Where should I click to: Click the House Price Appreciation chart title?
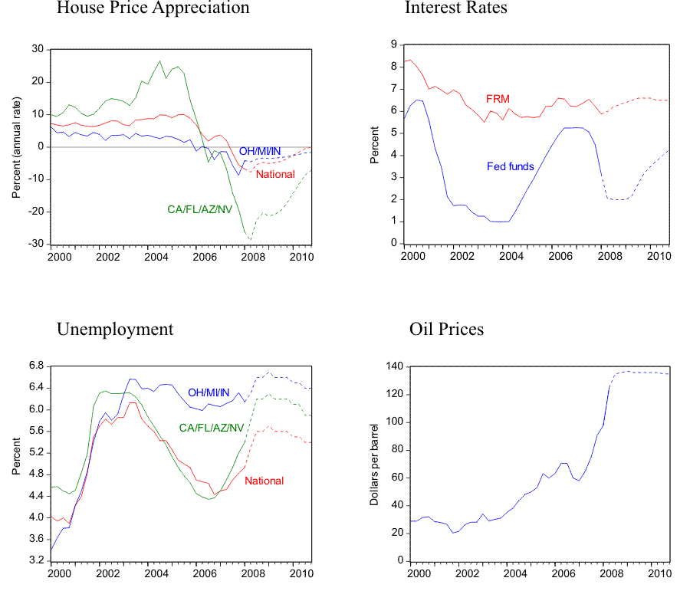pos(153,8)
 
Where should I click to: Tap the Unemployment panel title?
pos(115,330)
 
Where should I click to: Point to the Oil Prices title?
pos(447,330)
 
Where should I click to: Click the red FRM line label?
pos(498,99)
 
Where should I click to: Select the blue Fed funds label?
pos(511,166)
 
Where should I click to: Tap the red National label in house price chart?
pos(275,174)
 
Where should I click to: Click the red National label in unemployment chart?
pos(264,481)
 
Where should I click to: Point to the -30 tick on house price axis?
pos(38,245)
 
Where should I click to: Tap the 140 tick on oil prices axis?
pos(395,367)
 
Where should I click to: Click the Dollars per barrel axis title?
pos(375,463)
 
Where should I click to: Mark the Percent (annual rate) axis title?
pos(16,146)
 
